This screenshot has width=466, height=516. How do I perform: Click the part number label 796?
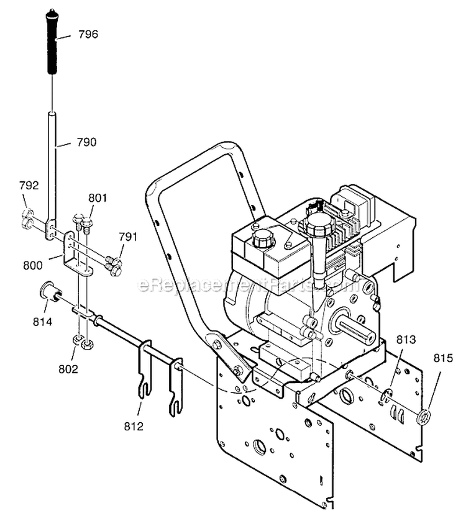[x=88, y=34]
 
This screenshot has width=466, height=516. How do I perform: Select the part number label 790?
[x=87, y=142]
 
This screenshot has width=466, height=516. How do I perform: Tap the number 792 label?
[x=29, y=185]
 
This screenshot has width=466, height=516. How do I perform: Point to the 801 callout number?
[x=98, y=198]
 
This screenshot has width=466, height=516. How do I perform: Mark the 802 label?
[x=68, y=369]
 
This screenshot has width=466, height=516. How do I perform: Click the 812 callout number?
[x=134, y=426]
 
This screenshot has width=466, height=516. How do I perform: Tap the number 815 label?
[x=442, y=358]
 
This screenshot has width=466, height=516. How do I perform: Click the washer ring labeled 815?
[x=427, y=415]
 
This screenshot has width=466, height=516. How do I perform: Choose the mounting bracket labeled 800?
[x=75, y=255]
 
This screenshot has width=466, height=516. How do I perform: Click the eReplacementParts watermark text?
[x=249, y=285]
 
